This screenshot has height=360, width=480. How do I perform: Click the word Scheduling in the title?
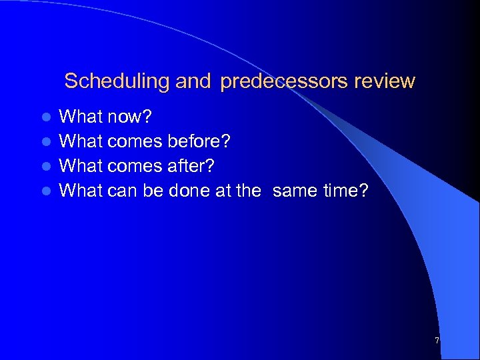click(117, 82)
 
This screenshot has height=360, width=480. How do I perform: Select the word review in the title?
click(385, 82)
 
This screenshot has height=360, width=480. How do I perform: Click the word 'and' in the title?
click(193, 82)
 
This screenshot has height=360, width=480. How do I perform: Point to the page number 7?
click(437, 341)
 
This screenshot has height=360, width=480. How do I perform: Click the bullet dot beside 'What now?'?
click(46, 118)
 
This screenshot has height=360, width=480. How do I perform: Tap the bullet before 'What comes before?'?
click(46, 143)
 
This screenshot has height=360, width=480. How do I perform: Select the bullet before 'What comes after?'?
click(46, 167)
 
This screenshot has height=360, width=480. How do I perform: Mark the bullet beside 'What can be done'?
click(46, 191)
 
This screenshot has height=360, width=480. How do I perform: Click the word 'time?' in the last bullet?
click(345, 190)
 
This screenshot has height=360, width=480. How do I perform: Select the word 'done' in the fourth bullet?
click(189, 190)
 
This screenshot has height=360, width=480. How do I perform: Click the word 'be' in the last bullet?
click(153, 190)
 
